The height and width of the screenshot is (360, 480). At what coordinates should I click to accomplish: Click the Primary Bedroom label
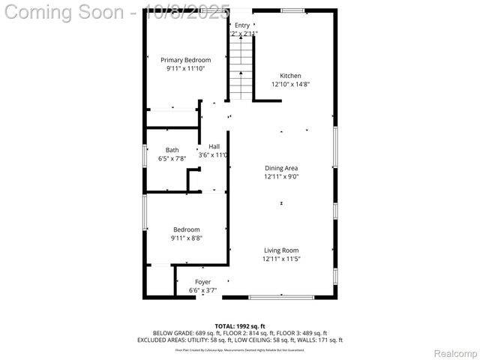tap(185, 60)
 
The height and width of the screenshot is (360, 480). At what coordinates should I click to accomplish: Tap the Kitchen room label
tap(290, 76)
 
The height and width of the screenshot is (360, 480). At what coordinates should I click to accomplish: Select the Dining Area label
tap(281, 168)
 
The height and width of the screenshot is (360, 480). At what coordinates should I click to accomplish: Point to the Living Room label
tap(281, 250)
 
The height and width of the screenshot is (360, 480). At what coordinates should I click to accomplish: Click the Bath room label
tap(172, 150)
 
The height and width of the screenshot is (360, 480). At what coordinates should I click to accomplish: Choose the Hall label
tap(214, 146)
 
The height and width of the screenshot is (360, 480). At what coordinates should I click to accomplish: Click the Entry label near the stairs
tap(242, 25)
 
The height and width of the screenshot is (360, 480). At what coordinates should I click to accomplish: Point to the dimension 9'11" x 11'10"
tap(185, 68)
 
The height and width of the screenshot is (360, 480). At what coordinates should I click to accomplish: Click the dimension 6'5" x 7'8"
tap(172, 159)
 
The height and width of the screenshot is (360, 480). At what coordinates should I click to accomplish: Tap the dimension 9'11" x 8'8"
tap(187, 238)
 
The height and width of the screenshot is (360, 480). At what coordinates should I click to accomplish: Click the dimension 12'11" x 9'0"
tap(281, 177)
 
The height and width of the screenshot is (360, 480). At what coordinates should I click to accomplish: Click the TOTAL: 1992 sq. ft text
tap(240, 325)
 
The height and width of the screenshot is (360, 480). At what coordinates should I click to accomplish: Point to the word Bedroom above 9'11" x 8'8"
tap(187, 229)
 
